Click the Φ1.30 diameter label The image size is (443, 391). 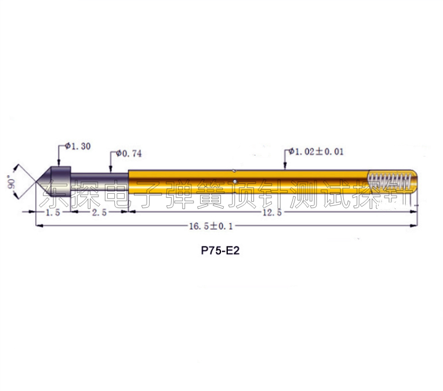click(x=78, y=146)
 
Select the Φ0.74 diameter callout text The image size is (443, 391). click(x=129, y=154)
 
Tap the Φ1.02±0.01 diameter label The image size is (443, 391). click(x=316, y=151)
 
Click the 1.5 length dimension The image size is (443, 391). click(x=53, y=212)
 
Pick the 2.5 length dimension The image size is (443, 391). click(x=100, y=212)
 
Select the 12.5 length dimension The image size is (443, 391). click(x=273, y=212)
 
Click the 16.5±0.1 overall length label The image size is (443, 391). click(x=211, y=226)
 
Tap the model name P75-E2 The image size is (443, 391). click(x=220, y=251)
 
